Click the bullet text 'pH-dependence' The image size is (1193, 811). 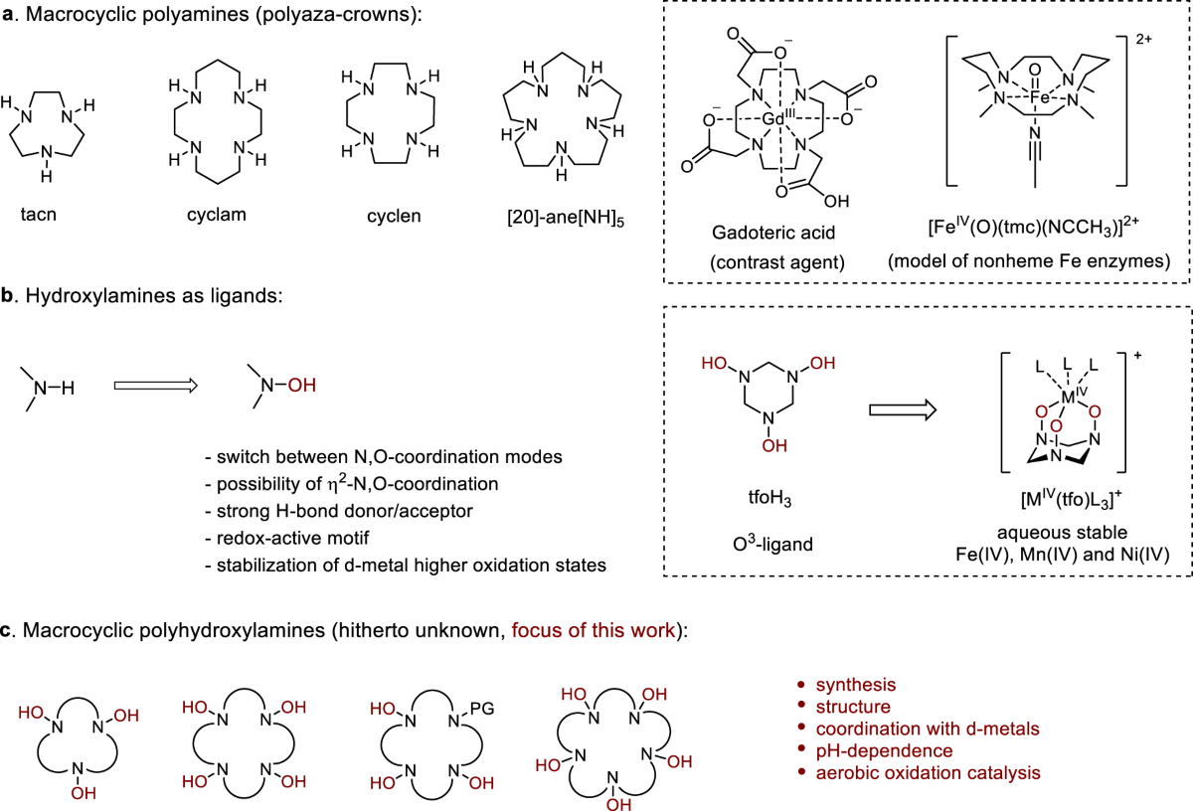[884, 750]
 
